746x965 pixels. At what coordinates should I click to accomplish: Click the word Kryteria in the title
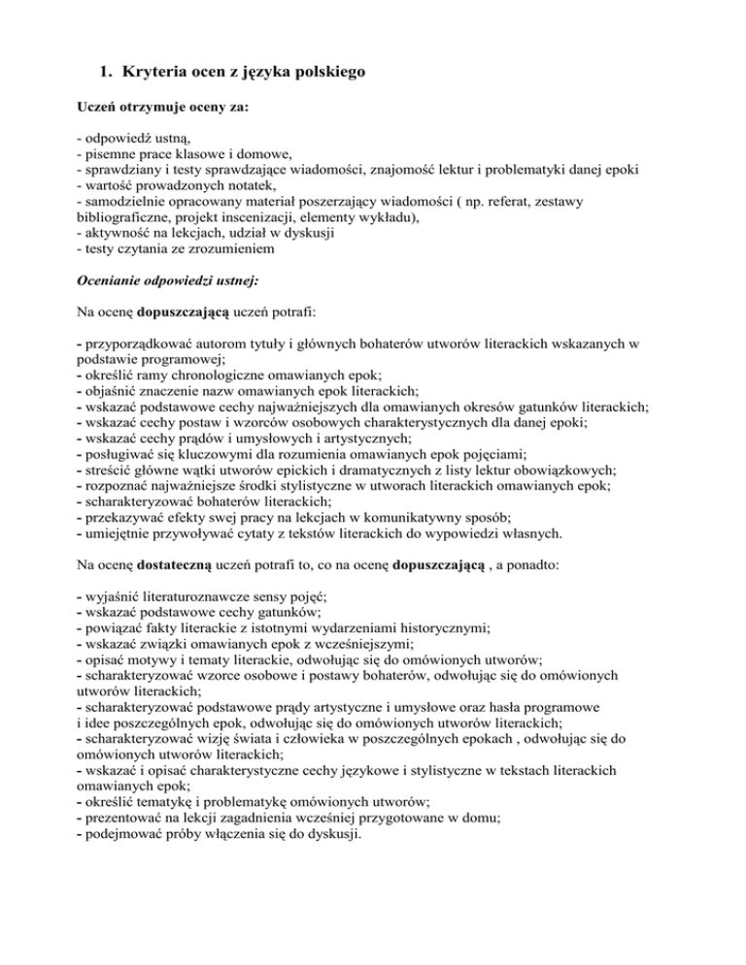coord(159,70)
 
